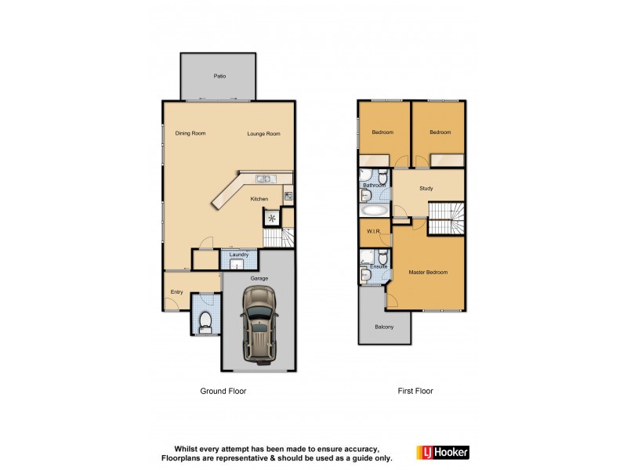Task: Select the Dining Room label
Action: click(x=190, y=134)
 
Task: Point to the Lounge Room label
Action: click(x=263, y=134)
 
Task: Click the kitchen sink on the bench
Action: click(x=263, y=179)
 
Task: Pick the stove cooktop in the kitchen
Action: click(x=288, y=196)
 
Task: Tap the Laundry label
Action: click(x=239, y=255)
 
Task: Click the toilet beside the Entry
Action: click(x=205, y=320)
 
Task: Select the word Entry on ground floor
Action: click(x=176, y=292)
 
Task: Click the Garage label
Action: click(x=259, y=278)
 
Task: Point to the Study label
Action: click(x=426, y=188)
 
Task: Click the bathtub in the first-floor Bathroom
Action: click(x=374, y=210)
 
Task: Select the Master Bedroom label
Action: click(x=428, y=273)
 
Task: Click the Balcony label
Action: click(x=384, y=327)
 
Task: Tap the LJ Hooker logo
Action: click(x=443, y=452)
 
